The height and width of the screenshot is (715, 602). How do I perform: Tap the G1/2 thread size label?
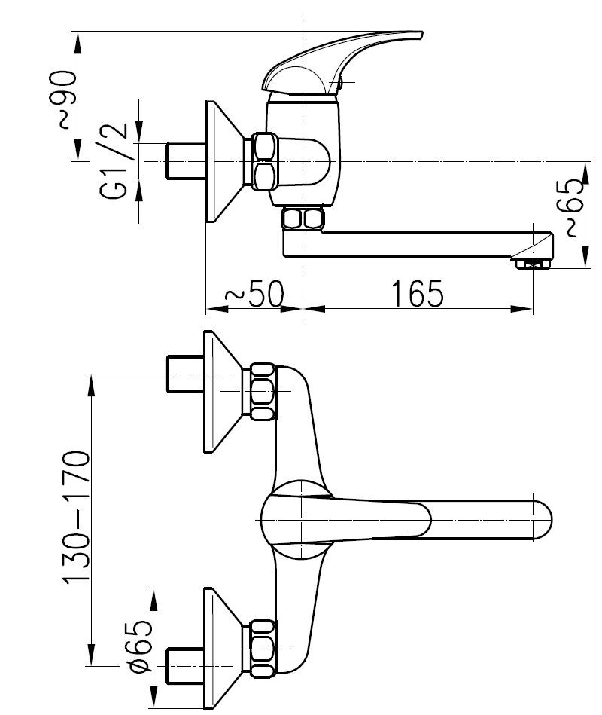112,160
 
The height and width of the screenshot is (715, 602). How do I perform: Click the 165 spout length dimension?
417,294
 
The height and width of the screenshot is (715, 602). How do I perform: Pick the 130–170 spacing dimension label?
76,517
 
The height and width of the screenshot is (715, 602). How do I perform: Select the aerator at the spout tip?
531,264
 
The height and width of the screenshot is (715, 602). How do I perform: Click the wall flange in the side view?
223,161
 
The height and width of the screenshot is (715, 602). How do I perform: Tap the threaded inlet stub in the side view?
185,161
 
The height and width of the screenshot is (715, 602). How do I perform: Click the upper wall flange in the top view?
223,391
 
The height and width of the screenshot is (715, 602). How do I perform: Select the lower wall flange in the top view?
223,649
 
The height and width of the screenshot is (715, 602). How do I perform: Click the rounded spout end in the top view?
543,521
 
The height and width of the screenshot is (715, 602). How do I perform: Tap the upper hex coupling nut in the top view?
263,391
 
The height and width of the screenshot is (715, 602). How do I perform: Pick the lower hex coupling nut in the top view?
263,649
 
